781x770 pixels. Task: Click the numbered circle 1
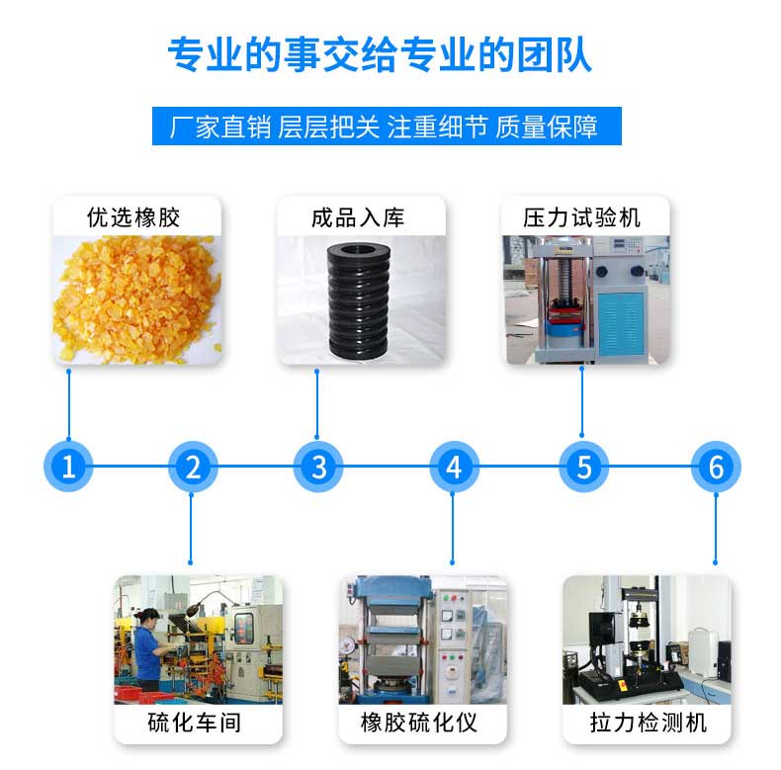coord(68,466)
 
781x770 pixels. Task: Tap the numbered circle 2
coord(193,466)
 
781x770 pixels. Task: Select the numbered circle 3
coord(318,466)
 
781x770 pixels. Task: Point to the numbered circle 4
coord(453,466)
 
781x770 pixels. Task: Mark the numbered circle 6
coord(716,466)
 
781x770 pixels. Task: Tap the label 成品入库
coord(358,216)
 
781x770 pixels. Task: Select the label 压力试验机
coord(582,216)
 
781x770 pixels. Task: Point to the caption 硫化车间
coord(194,723)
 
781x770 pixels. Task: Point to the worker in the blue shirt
coord(148,647)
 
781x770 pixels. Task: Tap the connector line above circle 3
coord(317,405)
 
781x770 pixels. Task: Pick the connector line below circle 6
coord(715,524)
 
